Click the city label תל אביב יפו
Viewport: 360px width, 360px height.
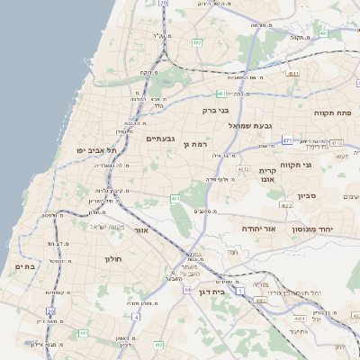(x=94, y=149)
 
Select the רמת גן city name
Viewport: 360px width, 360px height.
(x=194, y=144)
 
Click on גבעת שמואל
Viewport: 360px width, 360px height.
(x=249, y=125)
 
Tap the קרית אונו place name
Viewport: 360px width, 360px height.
(x=266, y=175)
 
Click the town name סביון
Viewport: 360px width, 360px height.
(x=306, y=195)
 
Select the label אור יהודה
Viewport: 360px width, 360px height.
(x=258, y=229)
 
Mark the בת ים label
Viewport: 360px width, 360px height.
(x=24, y=266)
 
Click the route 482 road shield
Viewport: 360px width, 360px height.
(x=196, y=42)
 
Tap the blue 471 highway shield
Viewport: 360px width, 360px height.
(x=286, y=140)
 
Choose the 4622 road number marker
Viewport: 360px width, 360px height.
(x=286, y=206)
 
